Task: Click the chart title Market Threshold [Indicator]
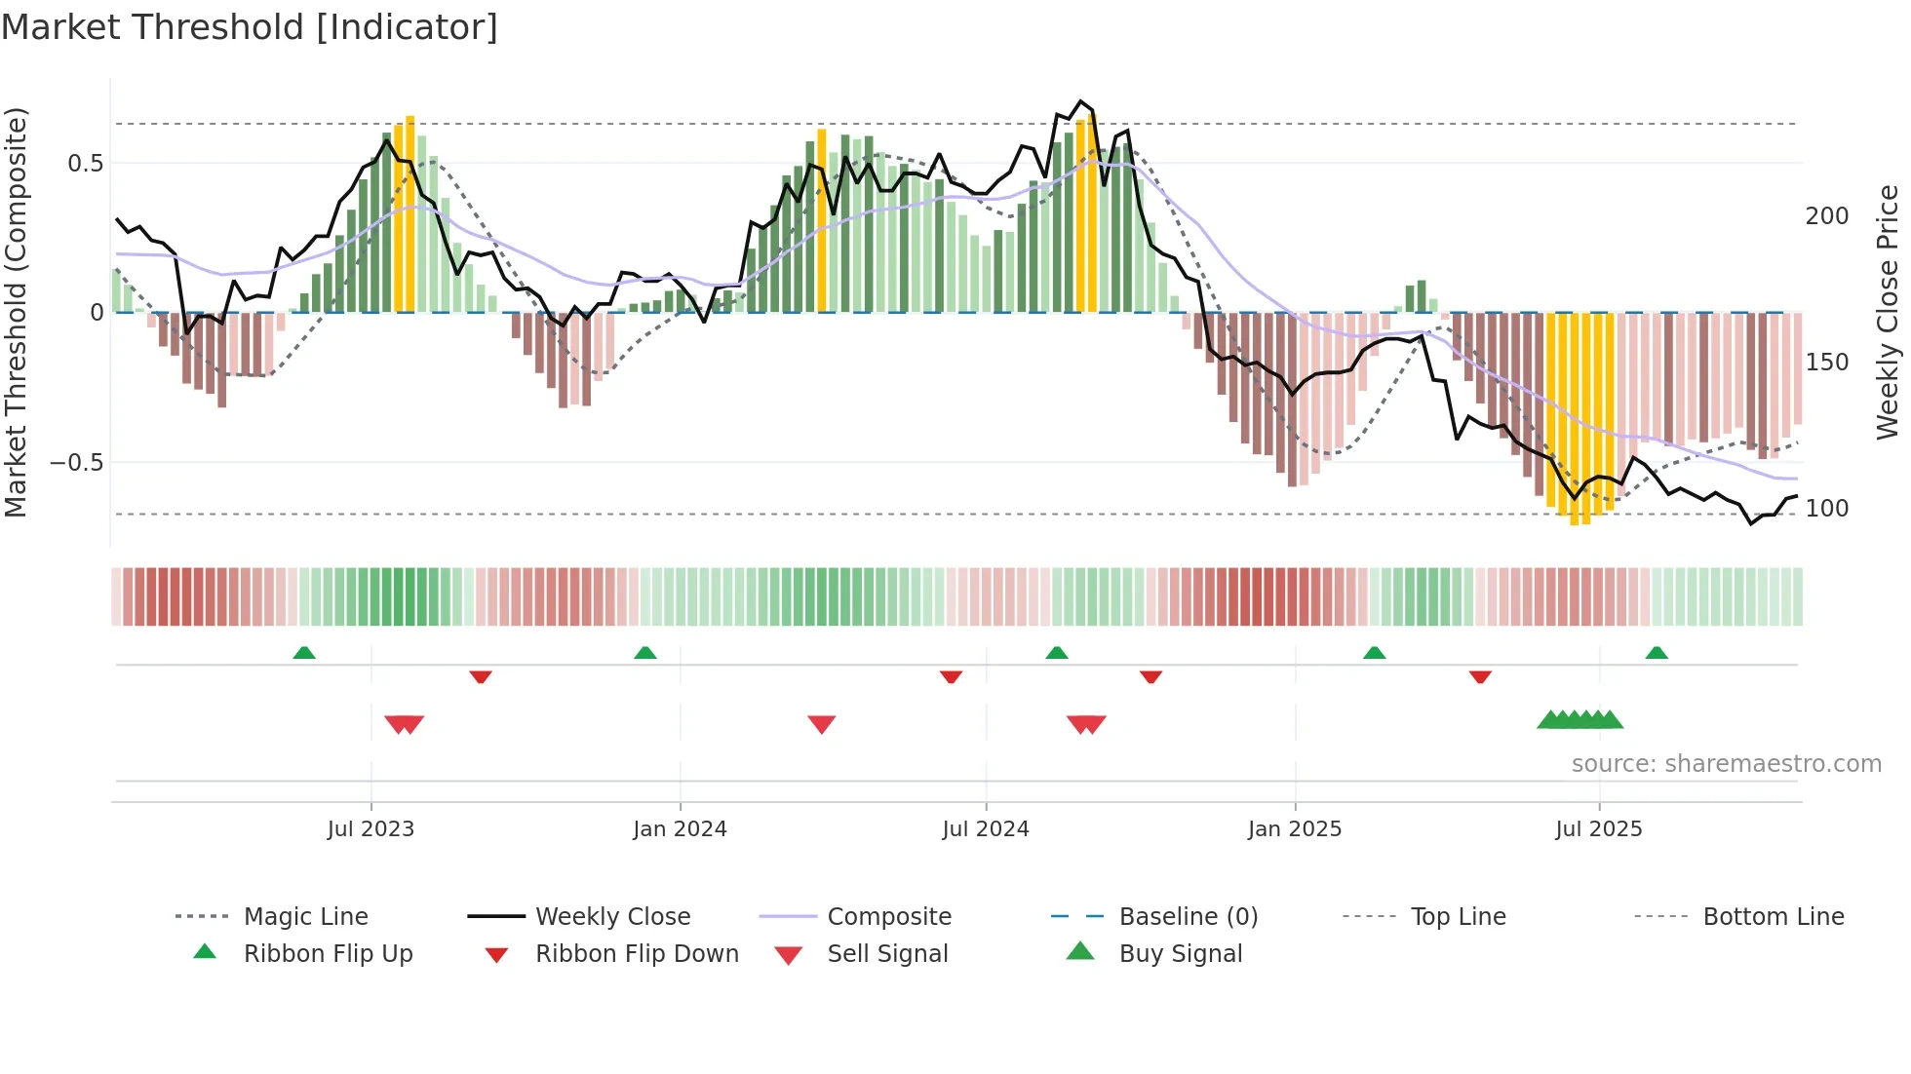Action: point(250,27)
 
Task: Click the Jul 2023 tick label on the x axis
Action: point(370,829)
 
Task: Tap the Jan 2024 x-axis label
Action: point(680,829)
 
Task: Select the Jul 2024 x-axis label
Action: point(986,829)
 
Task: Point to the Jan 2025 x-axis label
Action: point(1295,829)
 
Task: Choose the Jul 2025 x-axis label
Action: point(1599,829)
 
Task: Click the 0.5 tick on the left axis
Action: point(86,164)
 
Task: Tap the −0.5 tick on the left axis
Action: point(77,463)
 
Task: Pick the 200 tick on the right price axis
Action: point(1826,216)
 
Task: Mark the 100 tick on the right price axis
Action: point(1826,509)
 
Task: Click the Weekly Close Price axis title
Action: point(1888,312)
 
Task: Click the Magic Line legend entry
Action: point(305,917)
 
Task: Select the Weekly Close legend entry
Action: point(612,917)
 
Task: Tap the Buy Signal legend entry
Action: point(1180,954)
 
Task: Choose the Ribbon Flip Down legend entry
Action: point(637,954)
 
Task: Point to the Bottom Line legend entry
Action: point(1773,917)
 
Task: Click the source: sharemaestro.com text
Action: point(1726,764)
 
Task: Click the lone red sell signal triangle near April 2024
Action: point(822,724)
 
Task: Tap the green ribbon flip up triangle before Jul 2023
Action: point(304,652)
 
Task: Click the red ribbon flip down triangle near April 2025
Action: point(1480,676)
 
